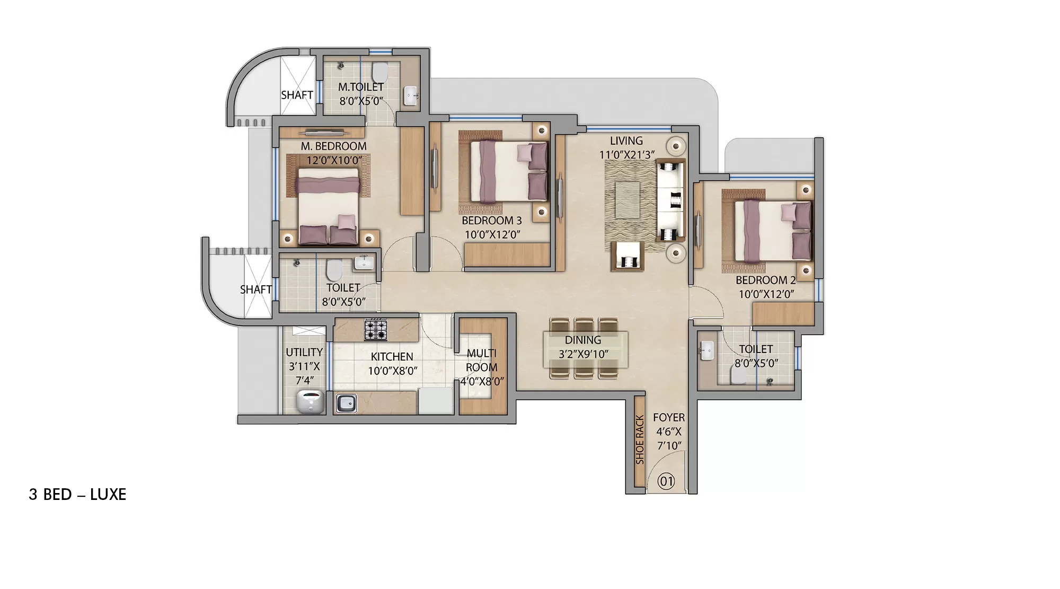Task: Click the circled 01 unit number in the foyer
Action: (666, 481)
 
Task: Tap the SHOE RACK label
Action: (640, 439)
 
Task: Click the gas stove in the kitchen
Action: (375, 330)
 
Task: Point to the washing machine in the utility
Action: (311, 402)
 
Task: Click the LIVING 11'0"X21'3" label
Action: (626, 147)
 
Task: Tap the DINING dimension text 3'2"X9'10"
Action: (583, 354)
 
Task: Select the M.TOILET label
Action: (361, 87)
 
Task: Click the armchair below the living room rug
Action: (628, 256)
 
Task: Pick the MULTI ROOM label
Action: (481, 361)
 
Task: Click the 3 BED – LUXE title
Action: (77, 495)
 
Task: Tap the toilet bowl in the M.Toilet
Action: (379, 71)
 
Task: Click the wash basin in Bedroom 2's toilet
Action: (706, 350)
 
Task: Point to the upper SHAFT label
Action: (297, 95)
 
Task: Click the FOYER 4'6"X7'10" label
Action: (668, 431)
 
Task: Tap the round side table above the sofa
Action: (676, 145)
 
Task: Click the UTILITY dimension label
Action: (304, 366)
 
